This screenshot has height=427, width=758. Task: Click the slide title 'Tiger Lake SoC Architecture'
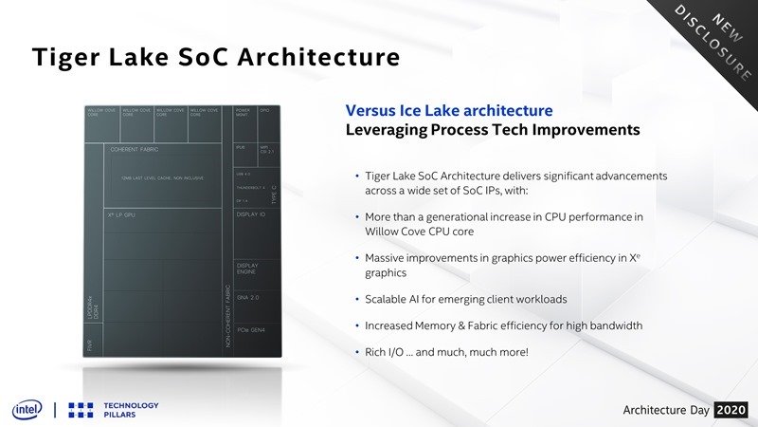(x=216, y=58)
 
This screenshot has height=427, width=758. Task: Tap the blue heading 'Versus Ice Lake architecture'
(x=449, y=111)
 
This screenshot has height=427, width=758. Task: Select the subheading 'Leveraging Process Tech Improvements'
(x=493, y=129)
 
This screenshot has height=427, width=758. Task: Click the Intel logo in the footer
(x=27, y=408)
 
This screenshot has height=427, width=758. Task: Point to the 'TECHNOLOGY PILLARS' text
(x=130, y=408)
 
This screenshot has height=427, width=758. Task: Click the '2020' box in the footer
(x=731, y=409)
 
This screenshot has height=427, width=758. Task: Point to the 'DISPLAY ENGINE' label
(x=247, y=269)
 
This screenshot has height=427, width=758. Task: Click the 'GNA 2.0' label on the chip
(x=248, y=297)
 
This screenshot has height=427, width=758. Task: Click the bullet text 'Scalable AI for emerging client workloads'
(x=466, y=299)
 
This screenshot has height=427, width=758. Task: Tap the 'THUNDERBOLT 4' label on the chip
(x=251, y=189)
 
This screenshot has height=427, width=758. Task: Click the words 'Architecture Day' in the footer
(x=665, y=409)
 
